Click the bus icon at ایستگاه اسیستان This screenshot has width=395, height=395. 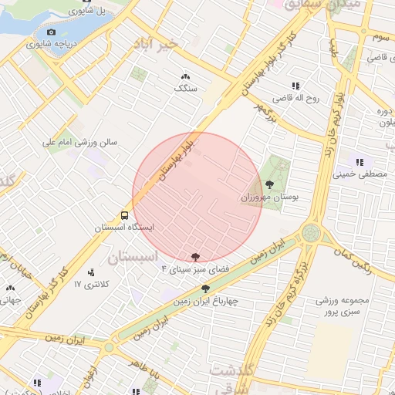pos(124,215)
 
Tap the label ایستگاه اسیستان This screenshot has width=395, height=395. pos(125,228)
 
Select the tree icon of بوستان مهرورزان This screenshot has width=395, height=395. pos(269,184)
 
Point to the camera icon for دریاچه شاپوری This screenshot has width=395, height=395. pos(51,32)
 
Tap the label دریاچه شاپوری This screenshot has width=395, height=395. pos(51,43)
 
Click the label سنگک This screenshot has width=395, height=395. pos(186,89)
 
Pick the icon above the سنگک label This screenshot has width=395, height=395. pos(185,76)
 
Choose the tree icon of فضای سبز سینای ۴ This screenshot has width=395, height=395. pos(194,255)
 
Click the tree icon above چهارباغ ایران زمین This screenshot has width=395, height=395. pos(205,289)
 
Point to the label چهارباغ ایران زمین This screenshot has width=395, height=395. pos(205,302)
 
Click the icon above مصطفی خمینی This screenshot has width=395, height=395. pos(360,161)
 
